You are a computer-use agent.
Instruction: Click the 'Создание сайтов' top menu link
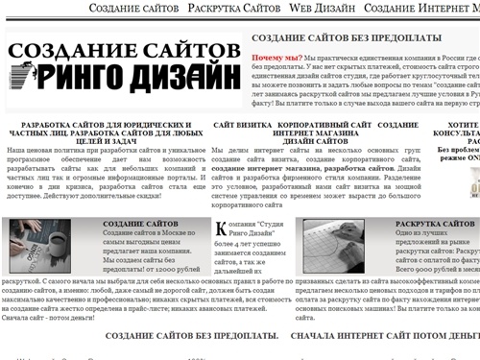point(133,9)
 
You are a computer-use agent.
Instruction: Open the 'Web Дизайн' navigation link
point(326,9)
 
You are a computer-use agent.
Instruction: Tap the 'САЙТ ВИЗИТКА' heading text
point(240,126)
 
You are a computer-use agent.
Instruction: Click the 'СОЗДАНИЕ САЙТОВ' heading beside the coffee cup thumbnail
point(143,224)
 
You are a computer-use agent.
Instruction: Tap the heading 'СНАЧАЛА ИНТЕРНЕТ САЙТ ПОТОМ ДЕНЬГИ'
point(384,335)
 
